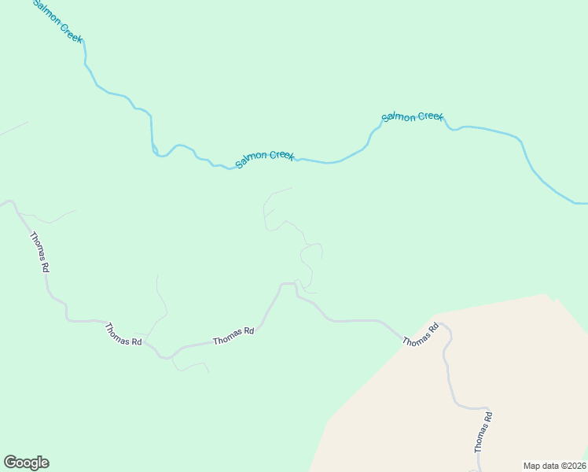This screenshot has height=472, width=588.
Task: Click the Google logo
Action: click(x=26, y=463)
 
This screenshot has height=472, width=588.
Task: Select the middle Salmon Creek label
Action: click(x=265, y=157)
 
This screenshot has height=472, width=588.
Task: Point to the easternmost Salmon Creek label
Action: click(x=413, y=116)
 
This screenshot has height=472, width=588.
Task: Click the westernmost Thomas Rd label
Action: click(x=40, y=252)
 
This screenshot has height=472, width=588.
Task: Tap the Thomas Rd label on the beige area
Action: click(x=483, y=432)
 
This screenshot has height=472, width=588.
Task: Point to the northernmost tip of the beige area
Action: click(x=546, y=294)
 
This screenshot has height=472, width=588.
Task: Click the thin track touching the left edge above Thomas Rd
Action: click(x=12, y=129)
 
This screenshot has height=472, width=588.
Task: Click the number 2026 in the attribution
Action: click(x=575, y=465)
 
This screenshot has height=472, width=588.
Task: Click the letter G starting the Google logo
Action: click(x=10, y=462)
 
